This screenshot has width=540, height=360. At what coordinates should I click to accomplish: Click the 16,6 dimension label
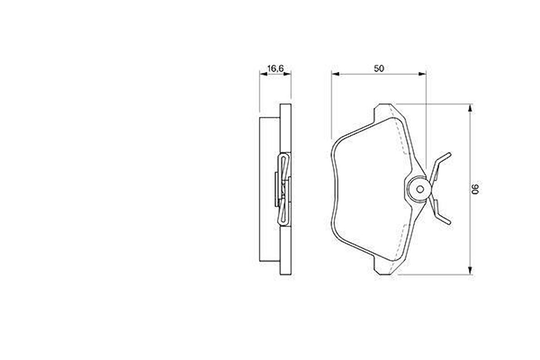[x=275, y=68]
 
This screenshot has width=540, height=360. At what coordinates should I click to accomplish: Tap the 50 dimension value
[x=379, y=68]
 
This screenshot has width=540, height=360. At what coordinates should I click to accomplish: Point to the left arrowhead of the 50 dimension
[x=335, y=73]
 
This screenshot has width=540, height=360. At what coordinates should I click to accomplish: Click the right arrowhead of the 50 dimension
[x=422, y=73]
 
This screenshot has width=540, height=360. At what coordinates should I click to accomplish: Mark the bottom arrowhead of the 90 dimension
[x=470, y=271]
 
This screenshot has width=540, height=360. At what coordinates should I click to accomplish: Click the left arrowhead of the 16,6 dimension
[x=263, y=73]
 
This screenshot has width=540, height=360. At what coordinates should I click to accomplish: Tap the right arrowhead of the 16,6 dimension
[x=287, y=73]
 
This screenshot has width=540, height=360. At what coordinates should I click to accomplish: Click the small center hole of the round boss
[x=420, y=189]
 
